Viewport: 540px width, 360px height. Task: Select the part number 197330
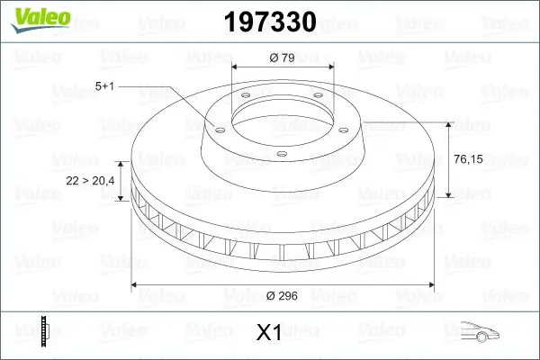[267, 22]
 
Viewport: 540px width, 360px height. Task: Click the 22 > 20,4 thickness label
[90, 181]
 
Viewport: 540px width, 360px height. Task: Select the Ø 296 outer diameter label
[283, 295]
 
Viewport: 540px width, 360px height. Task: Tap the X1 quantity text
[268, 333]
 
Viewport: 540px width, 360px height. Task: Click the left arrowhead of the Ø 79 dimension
[236, 67]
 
